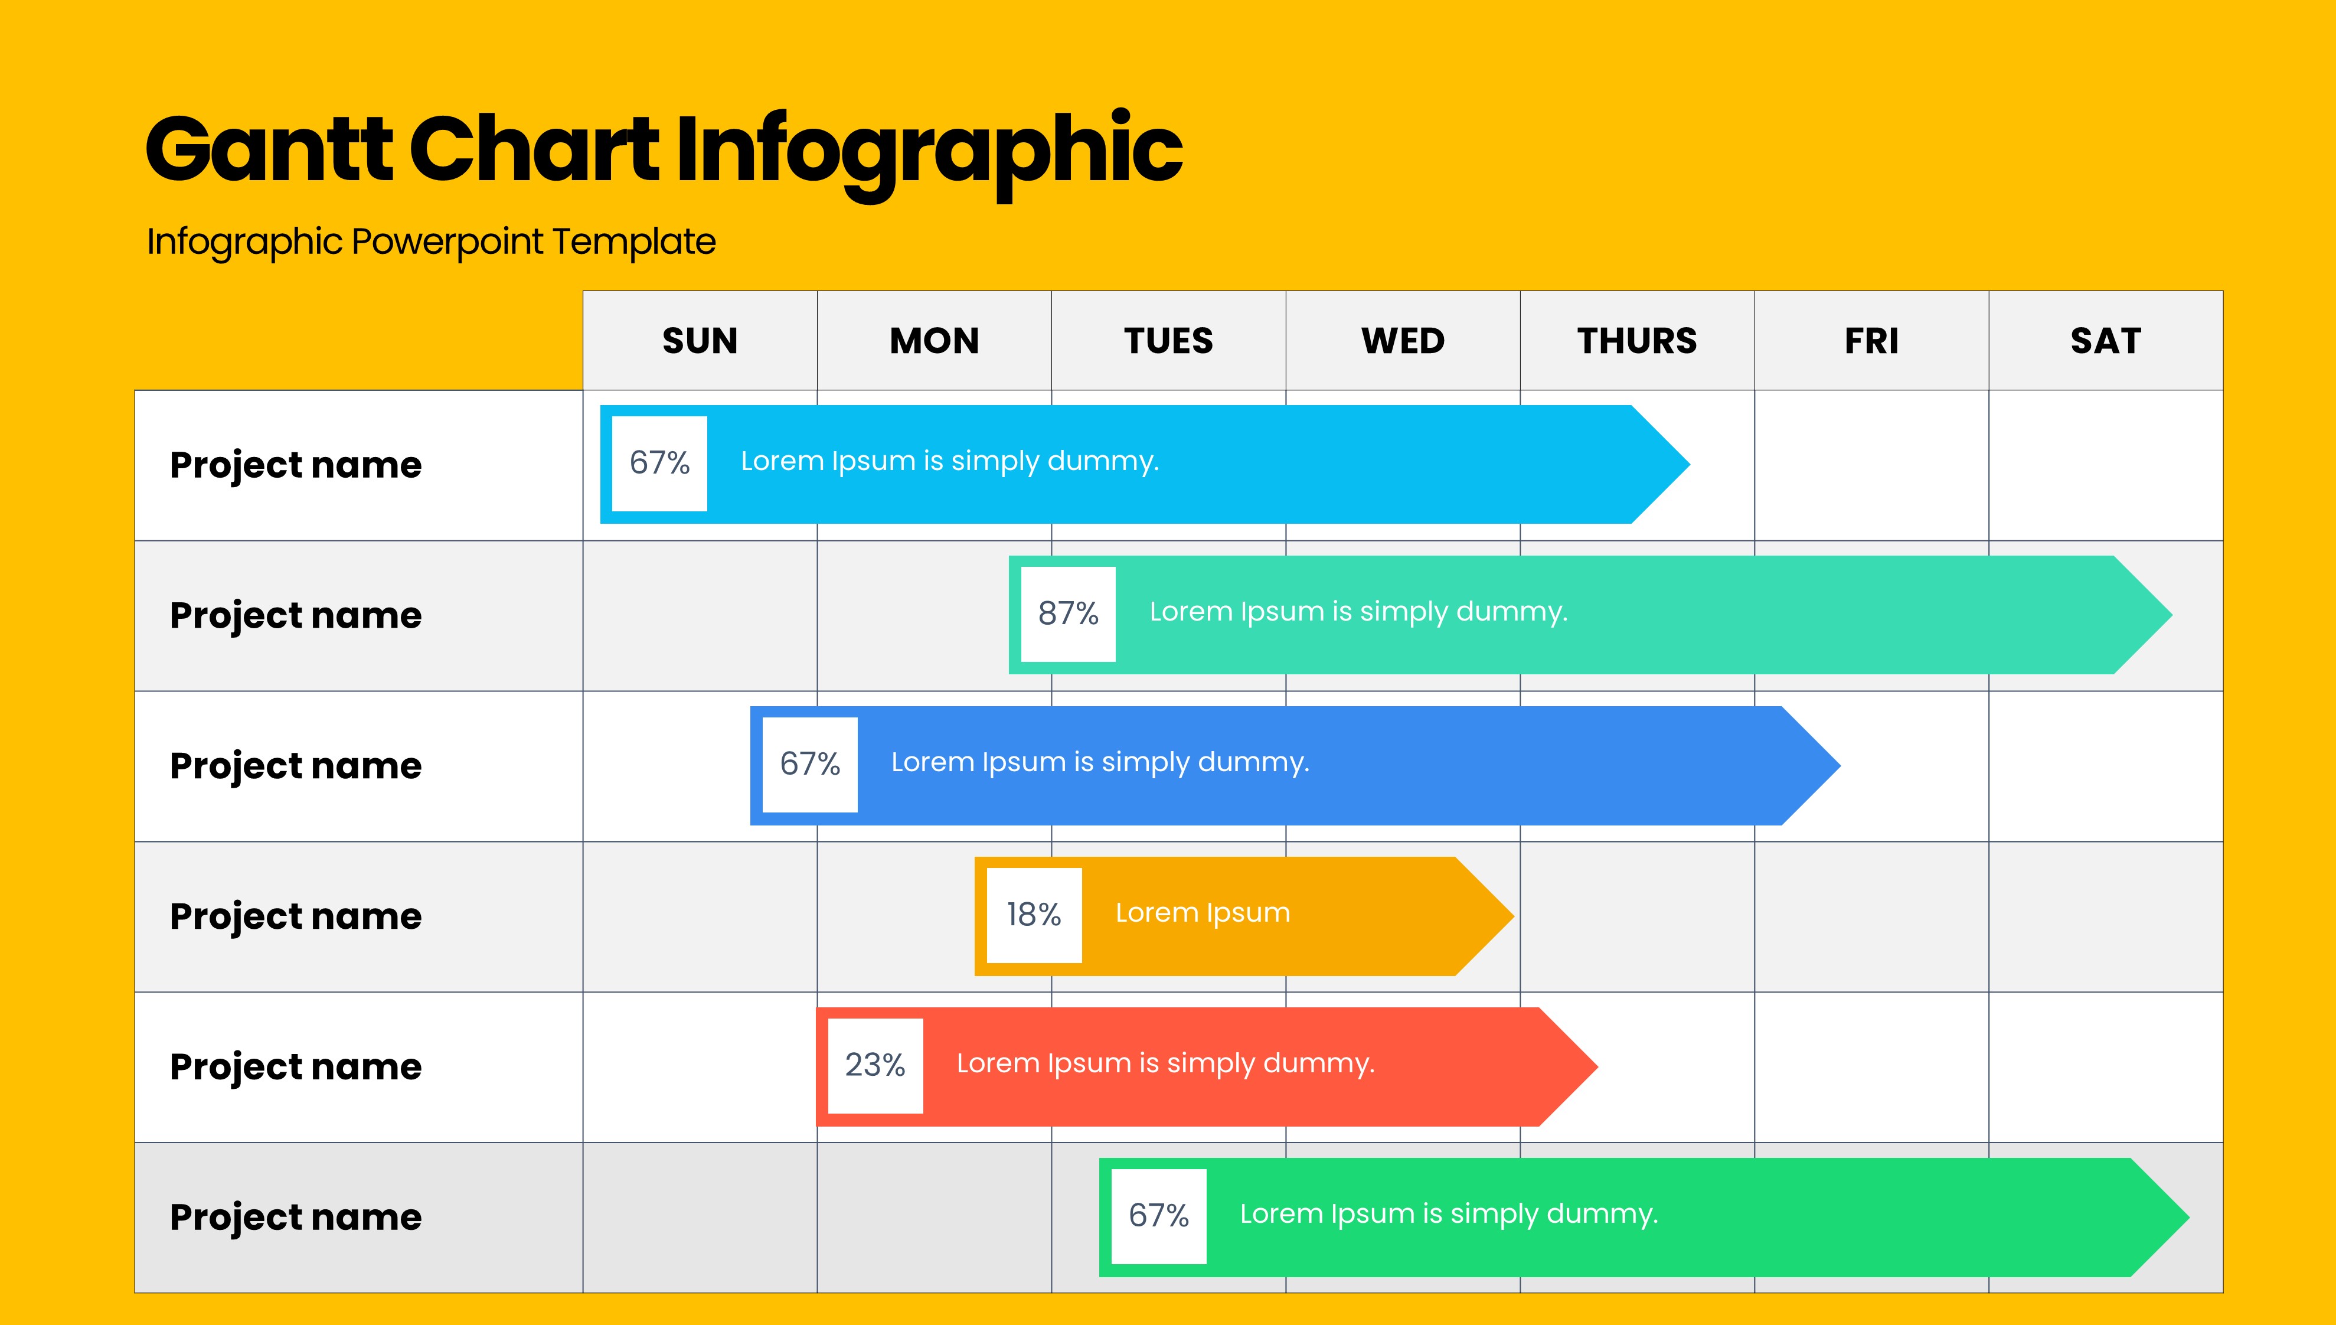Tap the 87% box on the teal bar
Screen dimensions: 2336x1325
[x=1068, y=614]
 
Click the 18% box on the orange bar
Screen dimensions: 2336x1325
[x=1034, y=915]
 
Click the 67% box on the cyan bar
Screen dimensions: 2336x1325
[x=659, y=463]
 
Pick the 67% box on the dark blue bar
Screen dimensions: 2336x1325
[x=809, y=765]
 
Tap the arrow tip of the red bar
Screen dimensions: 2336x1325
[x=1597, y=1066]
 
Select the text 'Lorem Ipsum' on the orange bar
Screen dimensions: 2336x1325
[x=1203, y=913]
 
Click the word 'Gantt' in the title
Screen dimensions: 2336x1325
[x=269, y=148]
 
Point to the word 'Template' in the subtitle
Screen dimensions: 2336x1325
[x=634, y=242]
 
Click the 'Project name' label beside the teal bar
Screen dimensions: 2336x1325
[x=296, y=616]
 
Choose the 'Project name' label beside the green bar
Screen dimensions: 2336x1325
[x=296, y=1218]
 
